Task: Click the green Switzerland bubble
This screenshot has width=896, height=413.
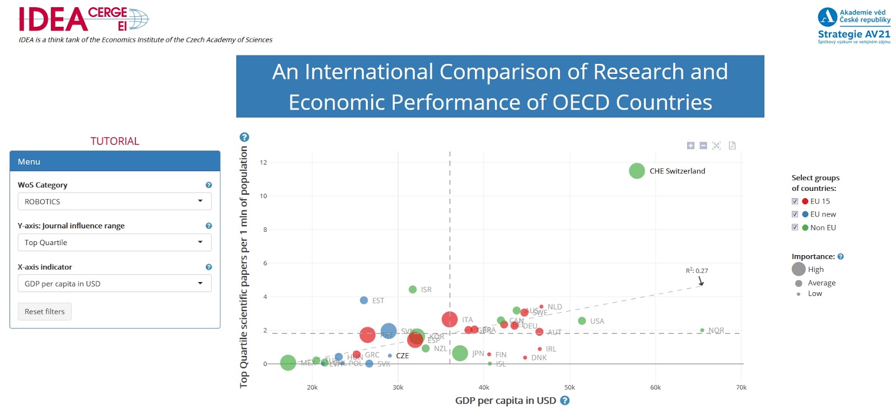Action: click(637, 171)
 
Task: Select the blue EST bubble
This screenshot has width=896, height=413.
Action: click(363, 301)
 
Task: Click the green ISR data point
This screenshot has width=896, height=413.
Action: click(413, 289)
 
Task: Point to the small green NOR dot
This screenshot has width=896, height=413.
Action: click(702, 330)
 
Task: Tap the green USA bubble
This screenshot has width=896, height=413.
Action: click(582, 321)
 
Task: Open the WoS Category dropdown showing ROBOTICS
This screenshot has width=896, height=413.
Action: click(114, 201)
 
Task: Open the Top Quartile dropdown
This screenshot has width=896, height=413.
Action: click(114, 242)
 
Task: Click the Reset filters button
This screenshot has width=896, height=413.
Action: click(45, 312)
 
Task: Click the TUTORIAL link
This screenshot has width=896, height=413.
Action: click(115, 141)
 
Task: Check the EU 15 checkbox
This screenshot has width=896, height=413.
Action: click(795, 201)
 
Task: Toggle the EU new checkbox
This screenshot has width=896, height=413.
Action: click(795, 214)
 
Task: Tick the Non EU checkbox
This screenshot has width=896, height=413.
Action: click(795, 227)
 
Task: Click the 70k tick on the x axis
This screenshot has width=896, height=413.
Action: click(741, 387)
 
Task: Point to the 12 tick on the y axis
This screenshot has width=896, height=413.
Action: click(263, 162)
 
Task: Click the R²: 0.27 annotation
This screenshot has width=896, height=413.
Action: click(697, 271)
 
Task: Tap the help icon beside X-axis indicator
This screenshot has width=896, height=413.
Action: click(209, 267)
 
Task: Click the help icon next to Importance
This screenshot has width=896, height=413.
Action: click(841, 257)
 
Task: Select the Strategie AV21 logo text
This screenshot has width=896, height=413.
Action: click(854, 34)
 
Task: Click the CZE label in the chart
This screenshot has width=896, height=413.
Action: click(402, 356)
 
